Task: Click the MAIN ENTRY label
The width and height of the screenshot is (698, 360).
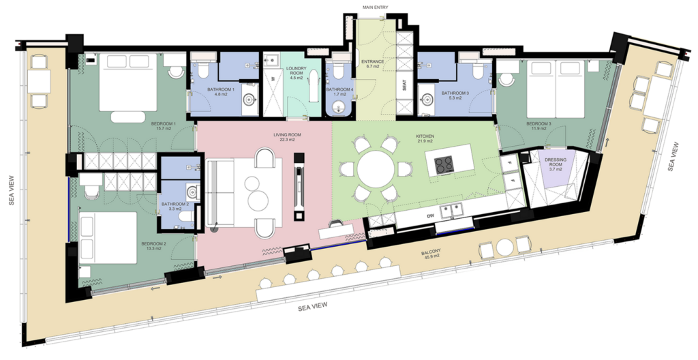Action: coord(376,7)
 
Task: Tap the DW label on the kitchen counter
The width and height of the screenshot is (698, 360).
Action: coord(430,216)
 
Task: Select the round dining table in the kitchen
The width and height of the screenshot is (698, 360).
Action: coord(376,169)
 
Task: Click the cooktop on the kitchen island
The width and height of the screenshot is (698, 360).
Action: coord(443,164)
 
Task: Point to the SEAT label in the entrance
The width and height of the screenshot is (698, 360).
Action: coord(405,85)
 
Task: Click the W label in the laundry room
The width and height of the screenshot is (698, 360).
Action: coord(273,77)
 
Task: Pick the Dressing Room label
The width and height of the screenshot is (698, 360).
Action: coord(556,162)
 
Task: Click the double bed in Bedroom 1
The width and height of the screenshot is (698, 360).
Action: coord(127,82)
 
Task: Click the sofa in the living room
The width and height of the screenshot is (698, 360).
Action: coord(220,194)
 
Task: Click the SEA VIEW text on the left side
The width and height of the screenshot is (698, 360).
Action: coord(12,190)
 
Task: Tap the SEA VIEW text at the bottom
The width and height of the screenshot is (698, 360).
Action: coord(313,307)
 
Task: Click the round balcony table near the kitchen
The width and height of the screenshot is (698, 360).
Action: coord(505,247)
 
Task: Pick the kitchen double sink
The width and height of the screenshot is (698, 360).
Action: coord(453,211)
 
